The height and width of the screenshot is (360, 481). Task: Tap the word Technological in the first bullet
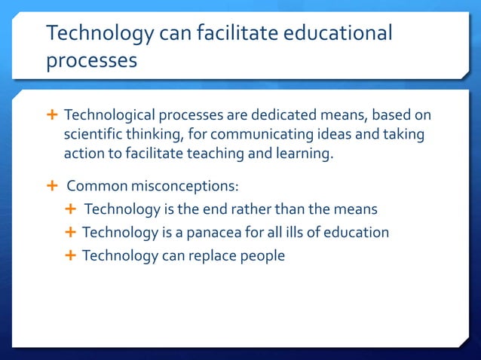pos(109,116)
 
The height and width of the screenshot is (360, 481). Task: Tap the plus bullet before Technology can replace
pos(71,255)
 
